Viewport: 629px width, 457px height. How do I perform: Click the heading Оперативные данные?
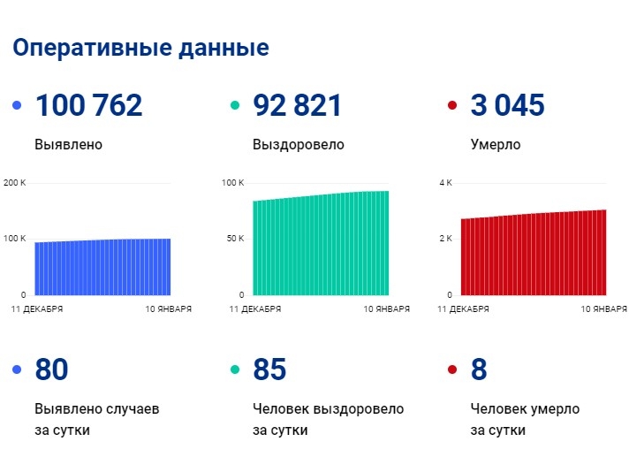tap(140, 48)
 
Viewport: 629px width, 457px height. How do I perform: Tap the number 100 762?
tap(88, 106)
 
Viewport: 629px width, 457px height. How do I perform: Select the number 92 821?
tap(297, 106)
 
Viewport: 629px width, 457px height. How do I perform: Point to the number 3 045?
tap(507, 106)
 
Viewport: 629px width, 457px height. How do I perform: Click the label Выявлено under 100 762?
tap(69, 144)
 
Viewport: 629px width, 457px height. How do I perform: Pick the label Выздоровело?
tap(298, 144)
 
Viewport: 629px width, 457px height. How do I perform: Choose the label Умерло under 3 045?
tap(496, 144)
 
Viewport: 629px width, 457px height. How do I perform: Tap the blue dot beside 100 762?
tap(17, 106)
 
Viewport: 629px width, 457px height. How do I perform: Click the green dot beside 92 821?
tap(235, 106)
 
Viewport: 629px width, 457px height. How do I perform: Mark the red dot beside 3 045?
tap(452, 106)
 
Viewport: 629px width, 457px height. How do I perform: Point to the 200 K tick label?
tap(16, 183)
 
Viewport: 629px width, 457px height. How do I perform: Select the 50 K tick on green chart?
tap(233, 239)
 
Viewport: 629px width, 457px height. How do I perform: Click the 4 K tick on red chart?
tap(446, 183)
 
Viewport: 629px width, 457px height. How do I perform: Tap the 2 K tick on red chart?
tap(446, 239)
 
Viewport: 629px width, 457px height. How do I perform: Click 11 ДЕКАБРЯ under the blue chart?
tap(36, 309)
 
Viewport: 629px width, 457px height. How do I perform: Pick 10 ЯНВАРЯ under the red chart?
tap(603, 309)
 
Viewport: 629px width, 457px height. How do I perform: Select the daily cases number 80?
tap(51, 369)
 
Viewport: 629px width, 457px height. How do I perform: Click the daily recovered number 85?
tap(269, 369)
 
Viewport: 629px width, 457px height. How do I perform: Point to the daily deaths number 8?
tap(479, 369)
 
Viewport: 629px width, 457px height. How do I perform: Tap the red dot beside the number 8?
tap(452, 369)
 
